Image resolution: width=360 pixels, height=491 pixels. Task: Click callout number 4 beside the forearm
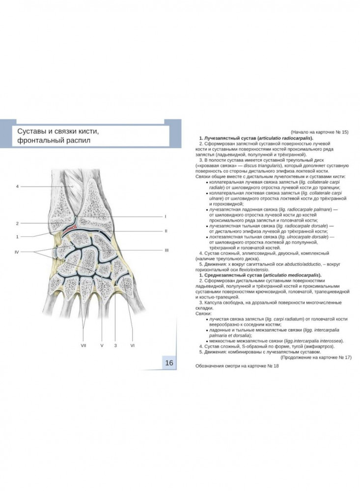[18, 186]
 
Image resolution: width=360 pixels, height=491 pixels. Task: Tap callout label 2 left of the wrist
[18, 223]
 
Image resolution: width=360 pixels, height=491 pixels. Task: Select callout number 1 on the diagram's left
[18, 237]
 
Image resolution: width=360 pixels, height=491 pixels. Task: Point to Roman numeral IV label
[17, 252]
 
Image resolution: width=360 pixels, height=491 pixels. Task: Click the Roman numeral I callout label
[166, 217]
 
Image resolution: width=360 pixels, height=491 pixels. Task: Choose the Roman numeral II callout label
[166, 231]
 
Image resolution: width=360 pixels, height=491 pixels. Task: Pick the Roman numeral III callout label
[166, 250]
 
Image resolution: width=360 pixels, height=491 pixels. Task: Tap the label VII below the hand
[83, 345]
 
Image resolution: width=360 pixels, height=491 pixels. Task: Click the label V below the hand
[102, 345]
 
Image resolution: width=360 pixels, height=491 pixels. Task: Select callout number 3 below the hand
[115, 345]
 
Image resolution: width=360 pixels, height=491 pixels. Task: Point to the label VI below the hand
[133, 345]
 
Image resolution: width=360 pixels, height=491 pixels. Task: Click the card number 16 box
[169, 363]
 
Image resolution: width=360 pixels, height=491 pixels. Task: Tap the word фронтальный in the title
[38, 140]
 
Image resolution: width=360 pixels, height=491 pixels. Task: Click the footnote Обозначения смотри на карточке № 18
[237, 366]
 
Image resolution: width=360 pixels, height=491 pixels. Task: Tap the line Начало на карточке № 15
[320, 132]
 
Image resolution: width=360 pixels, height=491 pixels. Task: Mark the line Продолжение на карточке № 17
[316, 357]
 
